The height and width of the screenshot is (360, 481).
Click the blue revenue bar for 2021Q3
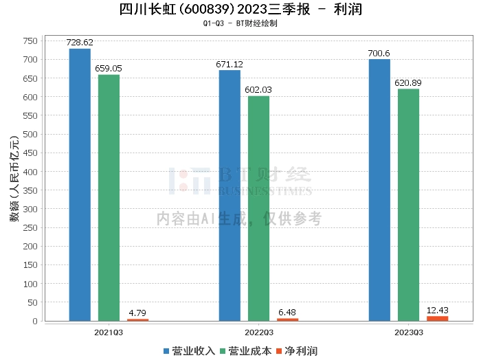tap(80, 185)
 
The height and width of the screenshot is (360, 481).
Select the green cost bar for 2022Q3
tap(258, 209)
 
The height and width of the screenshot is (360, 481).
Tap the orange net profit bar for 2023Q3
tap(438, 319)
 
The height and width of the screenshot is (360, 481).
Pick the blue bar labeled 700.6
tap(379, 190)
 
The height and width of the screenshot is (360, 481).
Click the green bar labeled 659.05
tap(109, 198)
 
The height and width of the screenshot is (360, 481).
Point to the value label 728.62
tap(80, 43)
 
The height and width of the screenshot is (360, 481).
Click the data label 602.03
tap(258, 90)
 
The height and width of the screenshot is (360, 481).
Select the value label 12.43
tap(438, 311)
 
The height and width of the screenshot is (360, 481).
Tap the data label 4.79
tap(137, 313)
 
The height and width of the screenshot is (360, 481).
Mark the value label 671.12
tap(230, 65)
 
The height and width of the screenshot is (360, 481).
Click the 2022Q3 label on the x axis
tap(259, 333)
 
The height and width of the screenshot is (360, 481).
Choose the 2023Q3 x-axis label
tap(409, 333)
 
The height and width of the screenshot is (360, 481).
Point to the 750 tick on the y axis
tap(30, 41)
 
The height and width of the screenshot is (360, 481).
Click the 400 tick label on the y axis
tap(30, 172)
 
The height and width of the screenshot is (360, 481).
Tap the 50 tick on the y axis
tap(32, 303)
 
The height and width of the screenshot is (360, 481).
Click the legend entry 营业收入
tap(189, 351)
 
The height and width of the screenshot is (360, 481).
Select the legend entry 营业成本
tap(246, 351)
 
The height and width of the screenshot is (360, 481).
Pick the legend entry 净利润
tap(297, 351)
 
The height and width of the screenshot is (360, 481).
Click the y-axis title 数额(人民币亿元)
tap(14, 179)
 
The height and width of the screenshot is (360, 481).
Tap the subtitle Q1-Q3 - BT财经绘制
tap(240, 23)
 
